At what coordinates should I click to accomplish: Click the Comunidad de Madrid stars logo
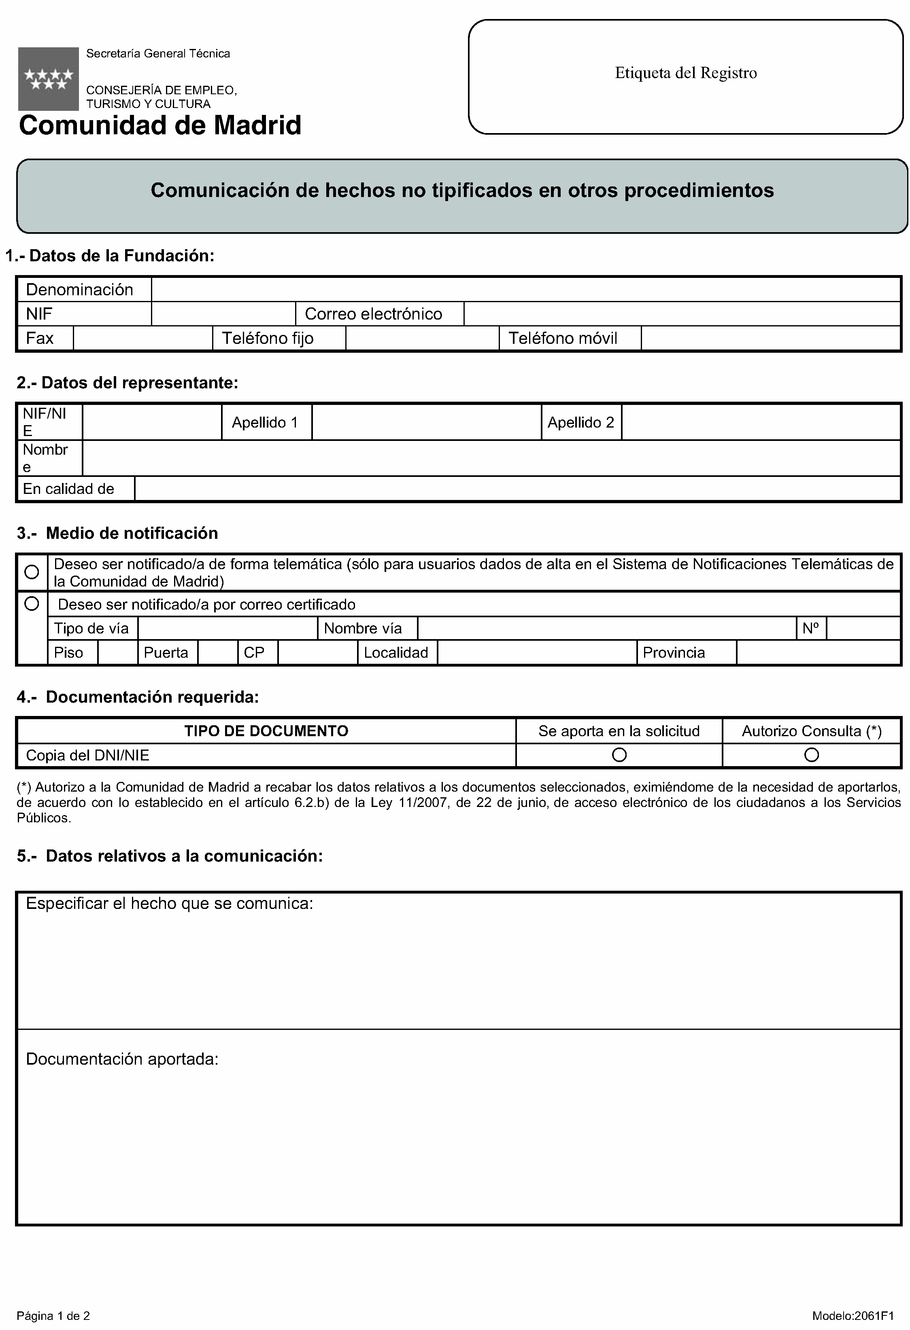click(48, 78)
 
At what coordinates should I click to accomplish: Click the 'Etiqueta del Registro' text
click(685, 73)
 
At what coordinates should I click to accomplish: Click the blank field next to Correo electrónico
click(682, 313)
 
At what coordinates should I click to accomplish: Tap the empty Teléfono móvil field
click(770, 338)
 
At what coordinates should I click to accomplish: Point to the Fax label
click(40, 338)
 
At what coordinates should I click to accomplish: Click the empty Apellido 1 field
click(426, 422)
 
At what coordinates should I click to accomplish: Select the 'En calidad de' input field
click(517, 489)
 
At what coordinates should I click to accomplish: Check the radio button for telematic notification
click(32, 572)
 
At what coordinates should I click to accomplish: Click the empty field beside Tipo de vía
click(227, 628)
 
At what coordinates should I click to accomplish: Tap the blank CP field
click(317, 652)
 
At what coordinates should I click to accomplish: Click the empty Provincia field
click(818, 652)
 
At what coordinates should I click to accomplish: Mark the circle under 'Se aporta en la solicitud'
click(619, 755)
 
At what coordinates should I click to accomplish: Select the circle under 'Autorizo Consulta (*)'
click(812, 755)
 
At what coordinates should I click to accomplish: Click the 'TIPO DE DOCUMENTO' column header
click(266, 731)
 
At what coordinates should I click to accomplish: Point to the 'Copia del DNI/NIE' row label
click(87, 756)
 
